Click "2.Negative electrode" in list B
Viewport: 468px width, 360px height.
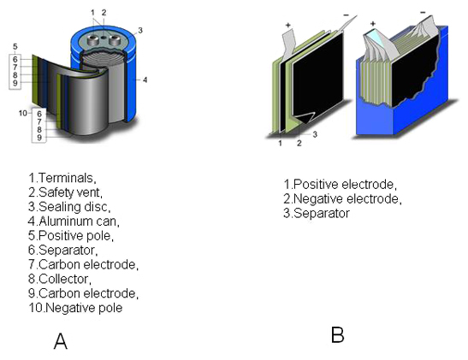click(x=341, y=198)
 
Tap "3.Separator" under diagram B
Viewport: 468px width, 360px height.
click(x=317, y=213)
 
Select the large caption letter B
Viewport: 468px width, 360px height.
click(x=337, y=334)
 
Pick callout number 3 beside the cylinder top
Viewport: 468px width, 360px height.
click(x=139, y=30)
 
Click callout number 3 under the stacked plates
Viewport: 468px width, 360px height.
click(x=315, y=135)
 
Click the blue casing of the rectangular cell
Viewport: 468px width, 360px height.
click(x=402, y=120)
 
